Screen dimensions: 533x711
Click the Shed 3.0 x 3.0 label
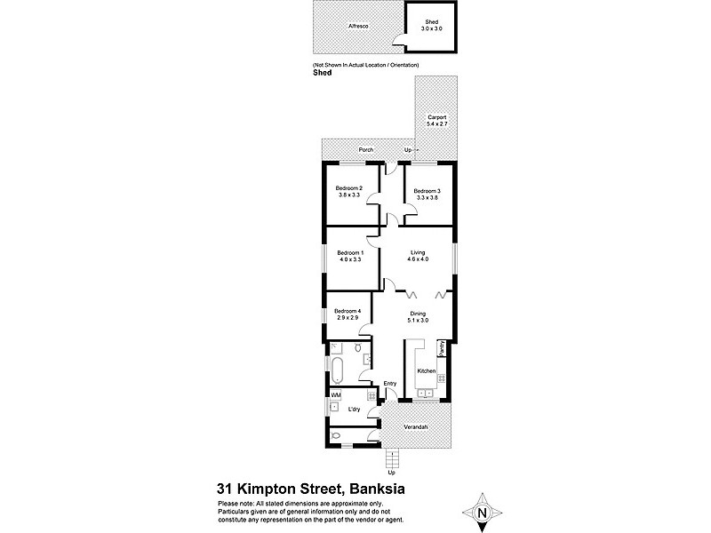(433, 26)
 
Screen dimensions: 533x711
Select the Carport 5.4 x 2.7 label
(436, 121)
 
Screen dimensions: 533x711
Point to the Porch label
(366, 150)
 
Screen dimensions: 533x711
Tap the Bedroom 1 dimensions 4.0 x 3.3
(349, 260)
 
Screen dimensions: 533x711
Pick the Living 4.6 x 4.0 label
(418, 256)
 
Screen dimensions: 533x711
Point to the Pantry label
(441, 348)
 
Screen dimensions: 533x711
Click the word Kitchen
(426, 370)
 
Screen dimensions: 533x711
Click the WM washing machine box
(336, 394)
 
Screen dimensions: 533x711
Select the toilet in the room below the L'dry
(335, 435)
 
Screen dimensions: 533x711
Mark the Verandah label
(417, 428)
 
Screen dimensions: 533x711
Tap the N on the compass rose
(482, 513)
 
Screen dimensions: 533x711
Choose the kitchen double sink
(423, 392)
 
